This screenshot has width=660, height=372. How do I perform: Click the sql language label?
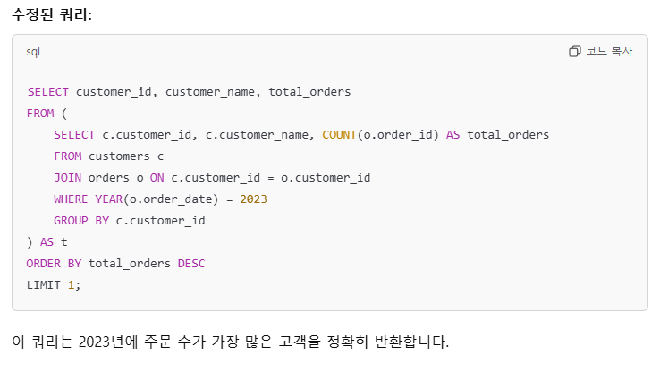[x=34, y=52]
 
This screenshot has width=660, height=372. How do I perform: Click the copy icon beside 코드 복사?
[x=575, y=52]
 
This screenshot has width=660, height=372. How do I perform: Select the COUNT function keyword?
[x=340, y=135]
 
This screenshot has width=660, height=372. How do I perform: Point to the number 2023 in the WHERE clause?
[x=253, y=199]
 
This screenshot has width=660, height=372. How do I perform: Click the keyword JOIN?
[x=67, y=177]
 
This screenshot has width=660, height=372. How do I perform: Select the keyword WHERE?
[x=71, y=199]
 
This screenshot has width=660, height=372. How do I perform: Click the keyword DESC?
[x=191, y=263]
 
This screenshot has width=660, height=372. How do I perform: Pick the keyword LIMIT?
[x=44, y=284]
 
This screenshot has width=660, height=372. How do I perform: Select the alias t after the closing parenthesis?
[x=63, y=241]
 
